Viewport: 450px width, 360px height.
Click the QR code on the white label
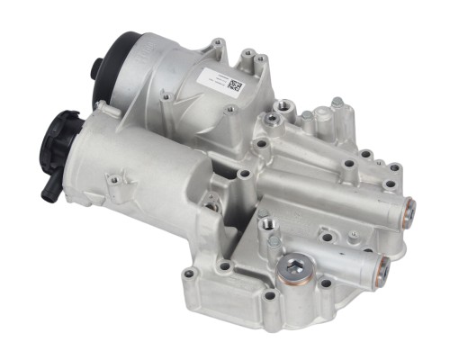pyautogui.click(x=235, y=86)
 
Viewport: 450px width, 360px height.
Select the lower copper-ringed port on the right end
pyautogui.click(x=385, y=265)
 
